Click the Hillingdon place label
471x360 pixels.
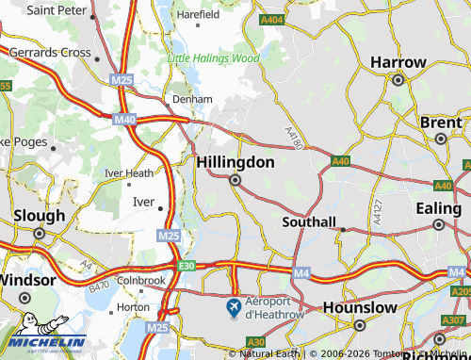coord(235,162)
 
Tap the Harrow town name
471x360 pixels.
coord(398,61)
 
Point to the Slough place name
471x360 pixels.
coord(33,215)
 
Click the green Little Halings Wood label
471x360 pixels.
coord(213,58)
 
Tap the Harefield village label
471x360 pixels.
coord(197,15)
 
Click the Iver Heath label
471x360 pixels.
coord(128,172)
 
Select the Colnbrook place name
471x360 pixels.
coord(140,281)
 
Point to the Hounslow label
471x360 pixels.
coord(358,307)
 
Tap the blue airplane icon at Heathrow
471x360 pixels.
coord(233,307)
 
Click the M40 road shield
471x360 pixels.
coord(124,120)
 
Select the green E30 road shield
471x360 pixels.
coord(187,267)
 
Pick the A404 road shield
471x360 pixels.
coord(272,19)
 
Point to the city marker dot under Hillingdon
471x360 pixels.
coord(235,180)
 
